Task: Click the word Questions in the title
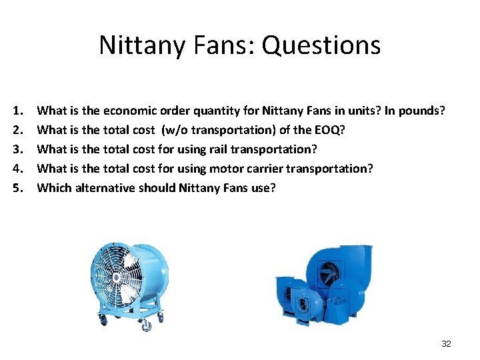click(321, 45)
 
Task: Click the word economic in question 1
click(131, 109)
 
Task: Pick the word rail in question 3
click(219, 149)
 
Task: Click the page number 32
click(446, 343)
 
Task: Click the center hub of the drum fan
click(118, 276)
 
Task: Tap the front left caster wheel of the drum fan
click(103, 321)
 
